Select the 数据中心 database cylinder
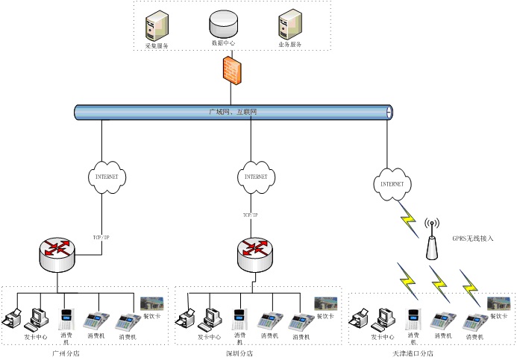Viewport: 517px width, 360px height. [223, 24]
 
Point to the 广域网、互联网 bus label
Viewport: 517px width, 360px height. [232, 112]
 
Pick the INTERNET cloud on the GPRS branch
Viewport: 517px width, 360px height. [392, 183]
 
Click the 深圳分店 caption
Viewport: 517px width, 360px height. [239, 353]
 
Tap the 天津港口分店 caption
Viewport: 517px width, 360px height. [413, 354]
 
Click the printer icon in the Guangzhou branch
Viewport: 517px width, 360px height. [13, 320]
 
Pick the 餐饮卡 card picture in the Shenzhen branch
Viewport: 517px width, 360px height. [325, 303]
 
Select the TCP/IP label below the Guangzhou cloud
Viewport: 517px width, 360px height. [101, 215]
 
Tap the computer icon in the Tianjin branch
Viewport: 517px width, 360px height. [386, 319]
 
